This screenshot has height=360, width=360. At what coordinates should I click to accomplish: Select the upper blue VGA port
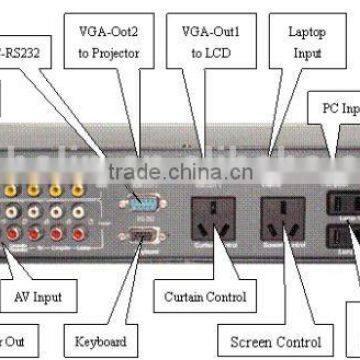pos(139,196)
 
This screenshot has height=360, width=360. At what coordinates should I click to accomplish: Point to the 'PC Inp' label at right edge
pos(340,104)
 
